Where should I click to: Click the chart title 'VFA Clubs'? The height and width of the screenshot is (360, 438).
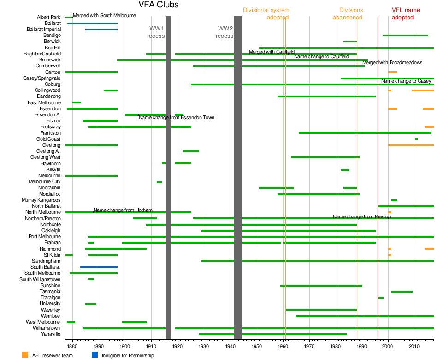tap(158, 5)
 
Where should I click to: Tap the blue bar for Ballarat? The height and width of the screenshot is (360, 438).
tap(92, 23)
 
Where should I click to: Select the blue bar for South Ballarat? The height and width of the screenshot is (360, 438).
tap(99, 267)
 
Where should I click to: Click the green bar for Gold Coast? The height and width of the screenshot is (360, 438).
tap(416, 139)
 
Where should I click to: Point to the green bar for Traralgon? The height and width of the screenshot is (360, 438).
tap(380, 298)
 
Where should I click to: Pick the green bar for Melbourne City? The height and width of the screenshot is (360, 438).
tap(160, 182)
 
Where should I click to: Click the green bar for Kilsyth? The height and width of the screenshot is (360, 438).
tap(345, 170)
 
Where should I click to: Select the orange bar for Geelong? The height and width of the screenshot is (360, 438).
tap(411, 145)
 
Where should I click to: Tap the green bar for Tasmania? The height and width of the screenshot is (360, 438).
tap(402, 292)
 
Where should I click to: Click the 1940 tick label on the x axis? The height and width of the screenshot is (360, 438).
tap(231, 345)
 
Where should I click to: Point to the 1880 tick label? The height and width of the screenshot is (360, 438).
tap(72, 345)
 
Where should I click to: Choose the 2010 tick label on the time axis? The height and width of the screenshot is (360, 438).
tap(415, 345)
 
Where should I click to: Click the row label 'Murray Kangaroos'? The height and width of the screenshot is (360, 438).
tap(41, 200)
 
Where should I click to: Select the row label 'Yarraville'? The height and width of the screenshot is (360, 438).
tap(51, 334)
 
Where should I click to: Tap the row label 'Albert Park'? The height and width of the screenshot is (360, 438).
tap(48, 18)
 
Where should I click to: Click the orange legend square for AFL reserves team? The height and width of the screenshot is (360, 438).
tap(25, 355)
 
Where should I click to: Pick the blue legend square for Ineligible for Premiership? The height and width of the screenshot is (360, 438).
tap(95, 355)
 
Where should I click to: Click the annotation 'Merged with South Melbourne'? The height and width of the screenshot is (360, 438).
tap(104, 16)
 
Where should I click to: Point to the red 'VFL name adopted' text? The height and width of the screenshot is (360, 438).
tap(406, 14)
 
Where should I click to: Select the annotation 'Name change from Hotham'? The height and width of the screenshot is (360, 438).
tap(123, 210)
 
